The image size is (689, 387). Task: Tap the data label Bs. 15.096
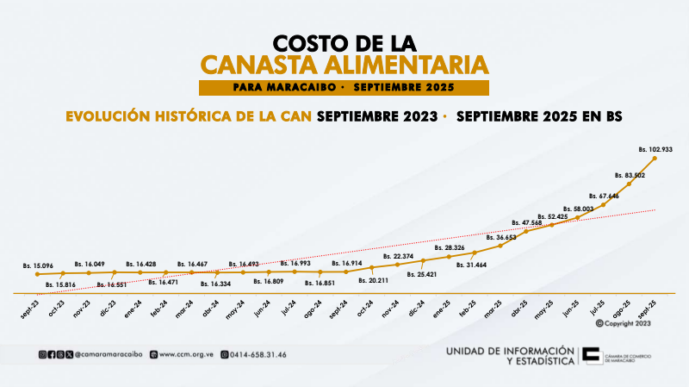(x=38, y=266)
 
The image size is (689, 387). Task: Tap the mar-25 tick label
(x=493, y=309)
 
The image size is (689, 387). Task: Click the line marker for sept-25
(x=655, y=158)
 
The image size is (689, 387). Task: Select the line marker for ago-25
(x=630, y=184)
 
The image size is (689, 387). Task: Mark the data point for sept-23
(x=38, y=274)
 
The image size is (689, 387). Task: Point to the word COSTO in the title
(x=308, y=42)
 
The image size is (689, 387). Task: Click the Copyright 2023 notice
(x=625, y=323)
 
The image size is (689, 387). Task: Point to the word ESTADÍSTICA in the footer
(x=539, y=361)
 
